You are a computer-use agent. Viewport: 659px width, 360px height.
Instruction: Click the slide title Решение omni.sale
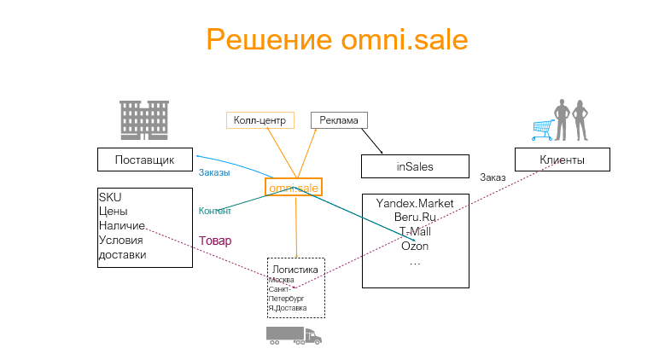tap(336, 39)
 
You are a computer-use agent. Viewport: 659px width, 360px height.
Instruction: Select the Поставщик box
tap(144, 159)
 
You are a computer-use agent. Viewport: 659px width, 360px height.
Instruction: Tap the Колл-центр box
tap(260, 120)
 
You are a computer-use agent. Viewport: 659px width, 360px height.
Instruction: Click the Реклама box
tap(339, 120)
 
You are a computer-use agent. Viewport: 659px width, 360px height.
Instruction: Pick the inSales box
tap(415, 166)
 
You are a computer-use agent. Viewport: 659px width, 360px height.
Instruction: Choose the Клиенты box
tap(562, 160)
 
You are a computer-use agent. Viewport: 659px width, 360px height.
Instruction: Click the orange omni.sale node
tap(294, 187)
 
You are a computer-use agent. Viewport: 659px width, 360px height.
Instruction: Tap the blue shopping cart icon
tap(542, 129)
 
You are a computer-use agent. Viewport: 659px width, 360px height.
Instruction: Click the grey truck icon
tap(293, 334)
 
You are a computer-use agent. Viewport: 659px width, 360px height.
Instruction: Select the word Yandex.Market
tap(415, 203)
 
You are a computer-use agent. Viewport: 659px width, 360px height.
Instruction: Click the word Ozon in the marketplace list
tap(415, 247)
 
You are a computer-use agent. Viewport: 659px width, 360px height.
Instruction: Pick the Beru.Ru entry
tap(415, 218)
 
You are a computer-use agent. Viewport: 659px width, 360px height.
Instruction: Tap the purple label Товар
tap(215, 241)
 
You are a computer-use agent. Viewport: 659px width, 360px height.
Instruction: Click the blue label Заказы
tap(214, 172)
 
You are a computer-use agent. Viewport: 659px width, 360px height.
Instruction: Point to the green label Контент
tap(215, 211)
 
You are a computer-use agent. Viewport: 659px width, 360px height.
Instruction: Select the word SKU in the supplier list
tap(110, 197)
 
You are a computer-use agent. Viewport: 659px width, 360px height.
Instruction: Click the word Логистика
tap(295, 270)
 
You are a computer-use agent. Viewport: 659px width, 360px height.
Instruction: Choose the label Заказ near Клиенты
tap(493, 177)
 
